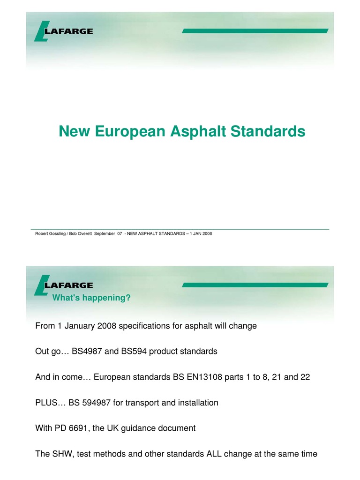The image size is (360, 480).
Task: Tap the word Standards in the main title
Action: pyautogui.click(x=266, y=131)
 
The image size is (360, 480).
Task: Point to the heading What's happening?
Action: pyautogui.click(x=91, y=298)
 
